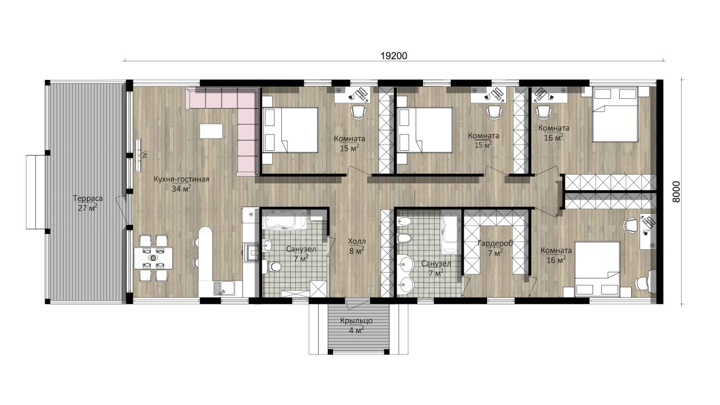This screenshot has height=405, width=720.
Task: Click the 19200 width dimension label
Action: click(x=394, y=56)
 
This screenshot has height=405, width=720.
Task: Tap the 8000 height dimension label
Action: click(x=676, y=192)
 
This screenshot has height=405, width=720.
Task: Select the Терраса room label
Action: click(x=88, y=199)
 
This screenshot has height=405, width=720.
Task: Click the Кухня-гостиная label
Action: click(x=181, y=179)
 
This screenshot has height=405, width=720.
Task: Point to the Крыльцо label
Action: click(x=356, y=321)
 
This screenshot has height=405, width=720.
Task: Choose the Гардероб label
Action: click(x=495, y=244)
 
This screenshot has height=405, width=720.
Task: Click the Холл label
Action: click(x=357, y=241)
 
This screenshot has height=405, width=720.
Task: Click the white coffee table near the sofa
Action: click(x=211, y=131)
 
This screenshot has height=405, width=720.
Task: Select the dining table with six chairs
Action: click(x=154, y=258)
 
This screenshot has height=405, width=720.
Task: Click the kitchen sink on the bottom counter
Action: click(x=220, y=289)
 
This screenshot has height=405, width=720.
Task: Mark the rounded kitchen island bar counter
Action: click(x=206, y=262)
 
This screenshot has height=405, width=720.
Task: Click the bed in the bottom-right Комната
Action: click(x=597, y=269)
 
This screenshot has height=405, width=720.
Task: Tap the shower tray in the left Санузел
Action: click(x=318, y=289)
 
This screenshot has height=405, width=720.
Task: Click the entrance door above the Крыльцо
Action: click(x=358, y=303)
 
